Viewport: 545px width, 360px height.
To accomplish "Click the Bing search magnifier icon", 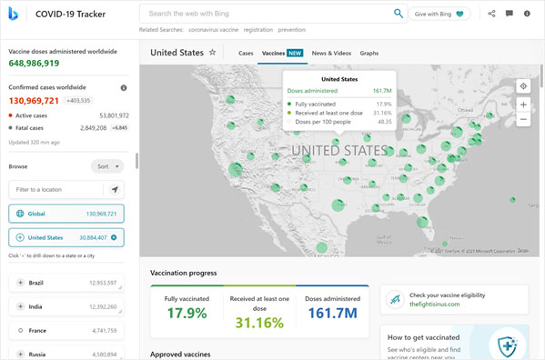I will pos(398,14).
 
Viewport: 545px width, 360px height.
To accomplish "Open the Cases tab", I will pos(246,54).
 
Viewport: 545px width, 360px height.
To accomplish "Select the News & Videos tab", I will pos(331,54).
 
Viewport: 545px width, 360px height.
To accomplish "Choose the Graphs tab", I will pos(369,54).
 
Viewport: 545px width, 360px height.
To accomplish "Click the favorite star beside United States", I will pos(213,53).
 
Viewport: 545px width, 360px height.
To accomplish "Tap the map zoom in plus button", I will pos(523,105).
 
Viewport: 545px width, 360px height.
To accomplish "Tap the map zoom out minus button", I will pos(523,120).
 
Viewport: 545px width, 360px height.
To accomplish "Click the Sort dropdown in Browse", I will pos(107,166).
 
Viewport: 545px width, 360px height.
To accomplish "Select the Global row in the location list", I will pos(66,214).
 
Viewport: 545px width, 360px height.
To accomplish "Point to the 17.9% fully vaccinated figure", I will pos(187,314).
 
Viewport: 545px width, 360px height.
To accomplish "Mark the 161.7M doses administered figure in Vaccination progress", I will pos(332,314).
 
